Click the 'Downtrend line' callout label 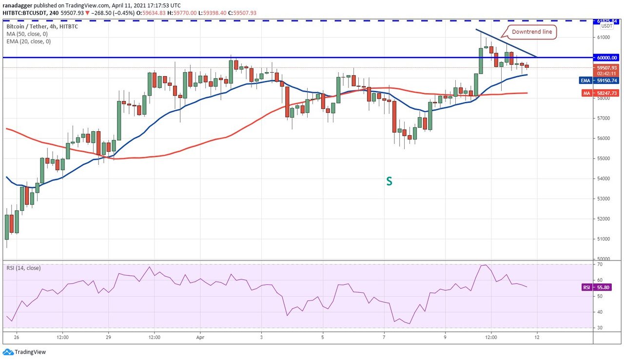click(532, 32)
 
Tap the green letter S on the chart click(389, 181)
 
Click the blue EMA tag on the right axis click(586, 80)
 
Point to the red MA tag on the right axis click(586, 93)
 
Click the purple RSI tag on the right click(586, 287)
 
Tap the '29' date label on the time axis click(109, 337)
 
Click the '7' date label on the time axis click(384, 337)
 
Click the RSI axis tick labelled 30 click(598, 328)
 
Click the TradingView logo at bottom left click(24, 352)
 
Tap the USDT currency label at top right click(606, 26)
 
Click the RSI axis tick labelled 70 click(598, 264)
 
